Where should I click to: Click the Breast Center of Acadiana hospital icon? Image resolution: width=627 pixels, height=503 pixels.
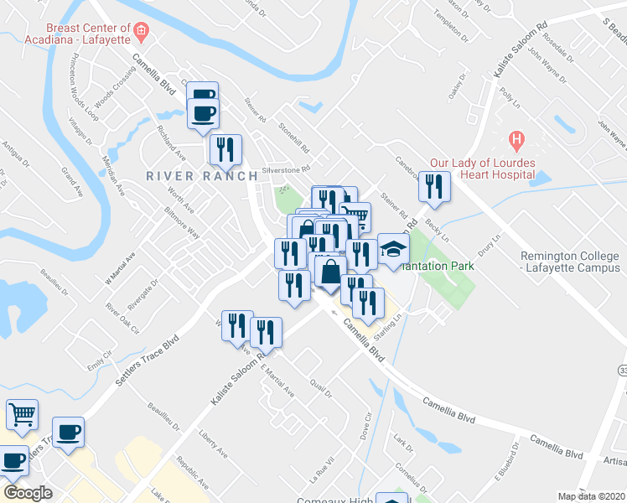(x=141, y=33)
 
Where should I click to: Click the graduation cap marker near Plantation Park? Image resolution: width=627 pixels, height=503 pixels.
(x=392, y=249)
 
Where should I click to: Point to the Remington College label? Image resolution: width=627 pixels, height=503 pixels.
(x=570, y=262)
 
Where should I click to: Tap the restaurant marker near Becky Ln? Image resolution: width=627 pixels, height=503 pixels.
(x=434, y=186)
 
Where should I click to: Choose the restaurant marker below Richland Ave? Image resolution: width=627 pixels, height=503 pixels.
(x=225, y=149)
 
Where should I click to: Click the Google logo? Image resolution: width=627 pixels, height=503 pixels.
(x=27, y=493)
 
